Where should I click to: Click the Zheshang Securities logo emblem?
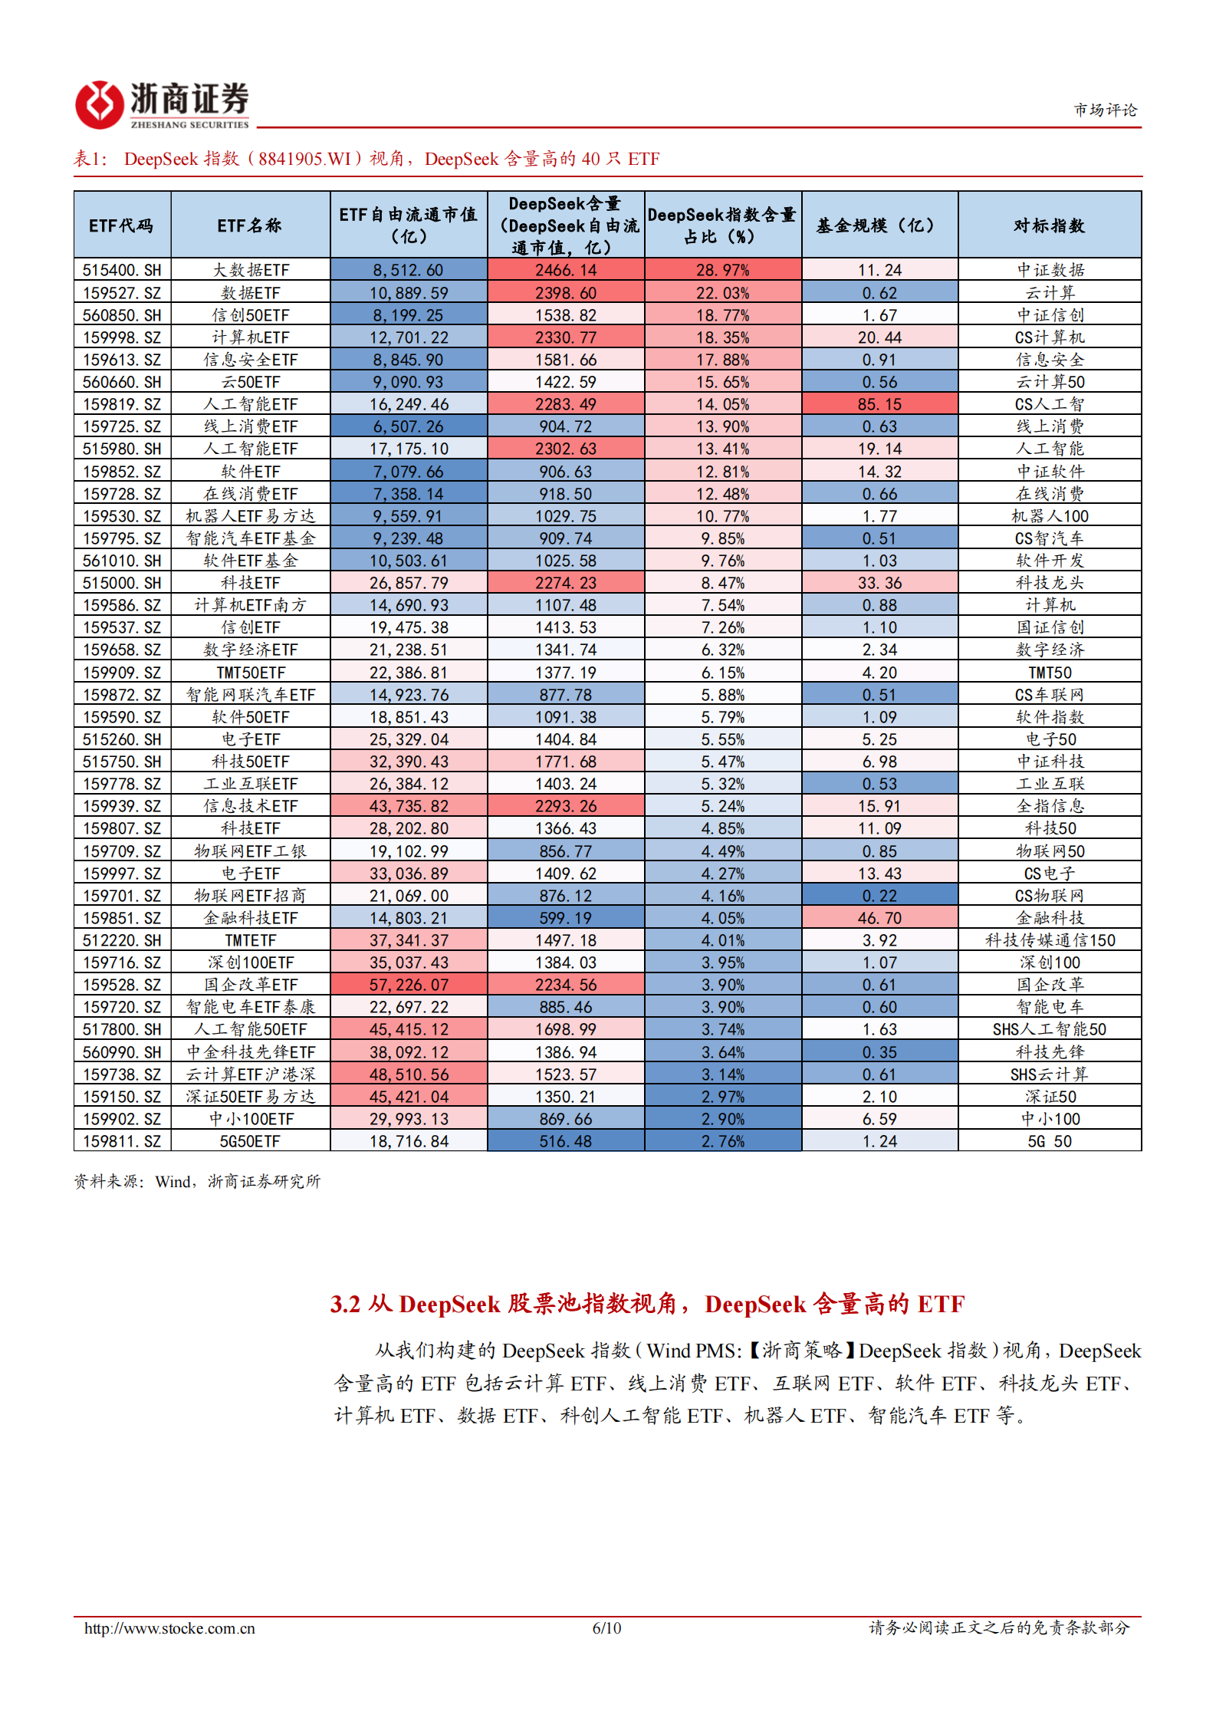click(99, 104)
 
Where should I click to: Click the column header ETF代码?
click(121, 225)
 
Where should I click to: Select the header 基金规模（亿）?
click(879, 225)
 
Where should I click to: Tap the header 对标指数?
click(1049, 225)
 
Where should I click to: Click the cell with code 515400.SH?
click(122, 270)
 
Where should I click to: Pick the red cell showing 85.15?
click(879, 404)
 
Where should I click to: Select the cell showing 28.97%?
click(722, 270)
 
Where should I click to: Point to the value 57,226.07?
click(409, 985)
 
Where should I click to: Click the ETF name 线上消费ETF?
click(250, 426)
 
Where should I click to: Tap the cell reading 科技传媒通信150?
click(1050, 940)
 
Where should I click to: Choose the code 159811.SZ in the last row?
click(122, 1141)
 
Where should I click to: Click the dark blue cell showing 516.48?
click(565, 1141)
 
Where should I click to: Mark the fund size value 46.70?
click(879, 918)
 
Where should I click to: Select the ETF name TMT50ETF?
click(250, 673)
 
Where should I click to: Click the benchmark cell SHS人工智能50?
click(1049, 1029)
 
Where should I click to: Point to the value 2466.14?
click(565, 270)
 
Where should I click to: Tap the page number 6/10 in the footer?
click(606, 1627)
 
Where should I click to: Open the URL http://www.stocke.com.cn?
click(169, 1628)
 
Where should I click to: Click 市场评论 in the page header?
click(1105, 110)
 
